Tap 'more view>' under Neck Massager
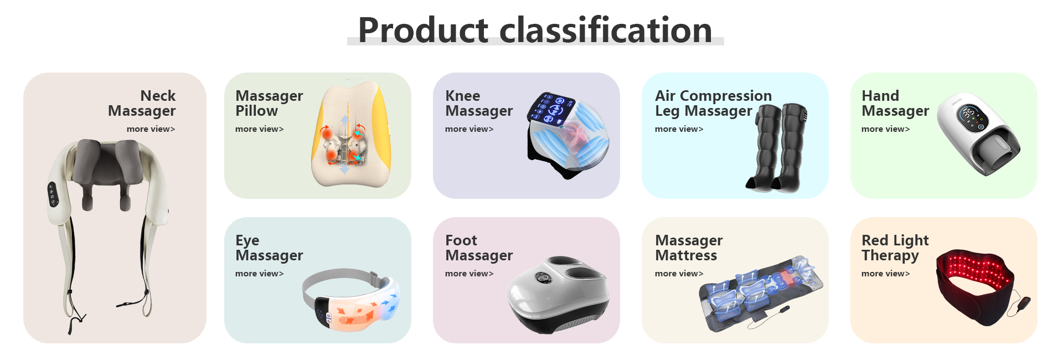click(151, 129)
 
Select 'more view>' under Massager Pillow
click(259, 129)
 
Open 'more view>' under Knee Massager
click(469, 129)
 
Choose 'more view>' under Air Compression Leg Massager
click(679, 129)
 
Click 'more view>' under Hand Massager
click(885, 129)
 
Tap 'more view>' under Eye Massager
click(259, 274)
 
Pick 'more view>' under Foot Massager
click(469, 274)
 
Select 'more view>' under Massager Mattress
click(679, 274)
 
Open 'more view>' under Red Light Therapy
click(885, 274)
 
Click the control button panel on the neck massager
click(53, 195)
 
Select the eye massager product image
click(351, 300)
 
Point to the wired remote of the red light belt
click(1024, 305)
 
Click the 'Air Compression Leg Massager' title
click(713, 104)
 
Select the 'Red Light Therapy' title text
click(895, 248)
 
